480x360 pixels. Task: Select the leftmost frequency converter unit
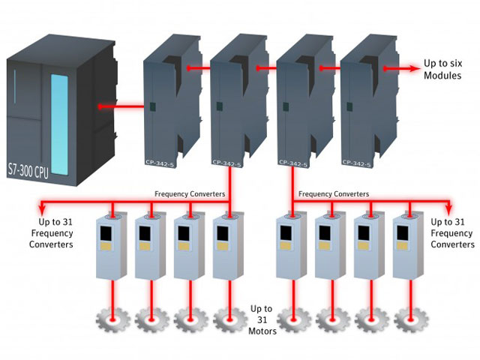[x=112, y=247]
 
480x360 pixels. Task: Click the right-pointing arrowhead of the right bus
[x=450, y=202]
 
